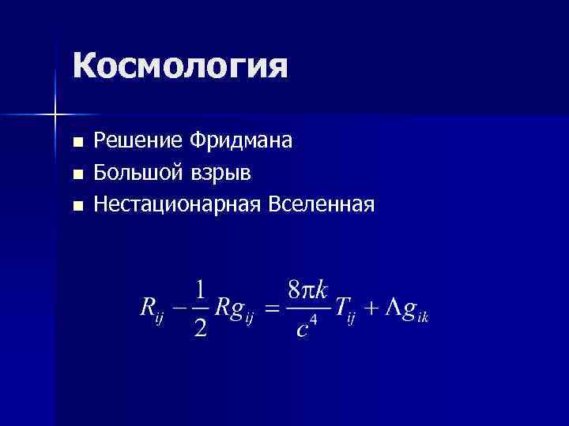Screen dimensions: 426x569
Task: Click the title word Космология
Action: point(180,66)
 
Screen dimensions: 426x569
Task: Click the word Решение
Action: point(138,141)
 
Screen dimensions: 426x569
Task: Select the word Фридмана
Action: point(241,141)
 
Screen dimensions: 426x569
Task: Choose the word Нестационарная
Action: point(178,204)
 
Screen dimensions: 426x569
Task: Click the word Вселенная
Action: point(321,204)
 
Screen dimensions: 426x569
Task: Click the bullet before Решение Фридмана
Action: point(77,143)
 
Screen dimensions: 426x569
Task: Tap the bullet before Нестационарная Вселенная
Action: point(77,207)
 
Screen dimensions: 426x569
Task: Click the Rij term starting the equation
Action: point(150,310)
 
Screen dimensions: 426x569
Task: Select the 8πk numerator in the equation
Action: point(307,290)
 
